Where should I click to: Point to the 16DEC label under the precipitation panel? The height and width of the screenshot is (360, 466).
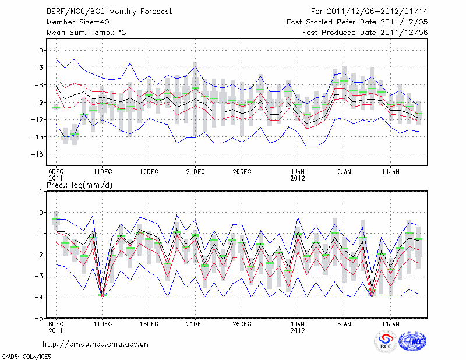(x=149, y=324)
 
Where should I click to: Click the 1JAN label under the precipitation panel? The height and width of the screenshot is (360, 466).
(x=298, y=324)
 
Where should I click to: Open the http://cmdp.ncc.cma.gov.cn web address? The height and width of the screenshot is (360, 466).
(x=96, y=344)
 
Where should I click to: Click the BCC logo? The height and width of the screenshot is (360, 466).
(x=386, y=343)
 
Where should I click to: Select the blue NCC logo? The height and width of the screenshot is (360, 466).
(x=412, y=343)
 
